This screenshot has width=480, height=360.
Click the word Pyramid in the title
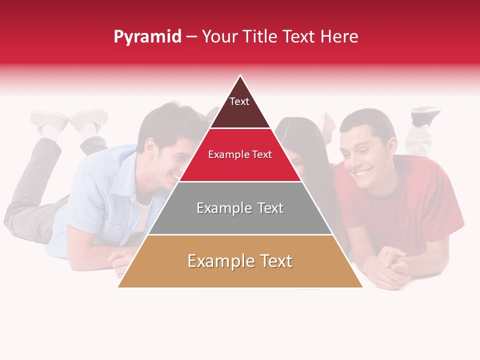click(x=147, y=37)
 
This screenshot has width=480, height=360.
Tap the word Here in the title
click(x=339, y=36)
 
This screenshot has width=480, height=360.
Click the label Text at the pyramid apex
click(x=239, y=101)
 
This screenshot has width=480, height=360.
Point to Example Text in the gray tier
click(x=240, y=208)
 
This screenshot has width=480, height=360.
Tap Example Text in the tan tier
click(x=240, y=261)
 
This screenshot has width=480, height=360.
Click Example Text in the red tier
click(x=240, y=154)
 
